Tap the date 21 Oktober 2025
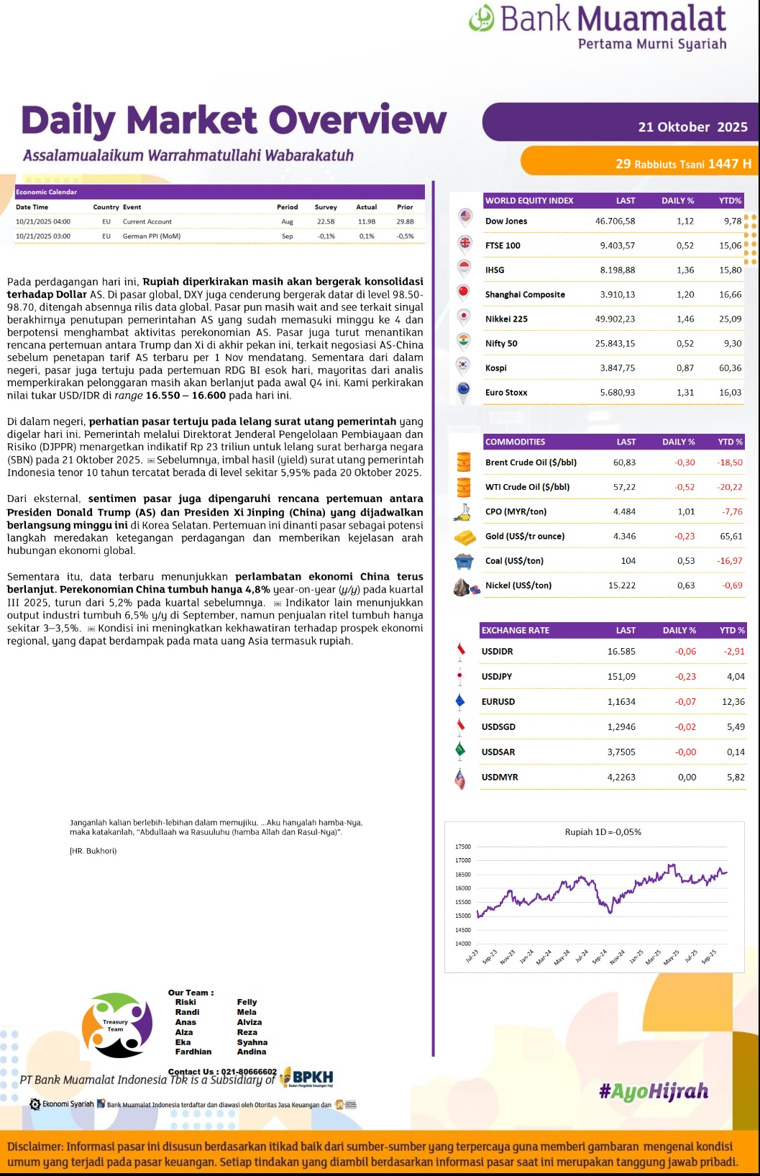tap(692, 127)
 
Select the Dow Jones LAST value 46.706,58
tap(615, 221)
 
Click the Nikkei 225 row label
tap(506, 319)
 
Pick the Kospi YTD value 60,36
tap(730, 368)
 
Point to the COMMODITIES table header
tap(515, 442)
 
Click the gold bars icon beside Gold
tap(464, 537)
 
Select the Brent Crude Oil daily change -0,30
tap(685, 462)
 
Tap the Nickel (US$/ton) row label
tap(518, 585)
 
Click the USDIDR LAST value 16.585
tap(621, 652)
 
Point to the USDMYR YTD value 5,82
tap(736, 777)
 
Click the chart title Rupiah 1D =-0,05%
tap(603, 832)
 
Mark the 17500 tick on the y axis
tap(463, 847)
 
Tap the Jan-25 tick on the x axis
tap(636, 957)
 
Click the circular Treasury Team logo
tap(117, 1025)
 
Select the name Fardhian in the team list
tap(193, 1052)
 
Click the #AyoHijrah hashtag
tap(653, 1092)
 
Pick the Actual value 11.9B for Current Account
tap(366, 222)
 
